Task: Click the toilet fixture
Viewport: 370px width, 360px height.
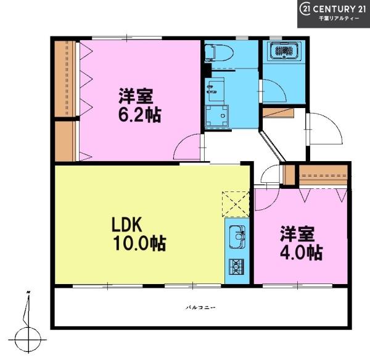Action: [219, 53]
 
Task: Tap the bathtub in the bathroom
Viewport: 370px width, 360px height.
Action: [286, 50]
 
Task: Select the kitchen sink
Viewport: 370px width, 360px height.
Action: [237, 237]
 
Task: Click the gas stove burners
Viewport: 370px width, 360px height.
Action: [237, 267]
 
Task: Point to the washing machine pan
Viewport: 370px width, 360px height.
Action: [216, 116]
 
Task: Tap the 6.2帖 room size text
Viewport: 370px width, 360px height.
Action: [140, 115]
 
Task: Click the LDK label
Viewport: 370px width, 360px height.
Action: [126, 225]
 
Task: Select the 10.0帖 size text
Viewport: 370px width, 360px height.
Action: [140, 243]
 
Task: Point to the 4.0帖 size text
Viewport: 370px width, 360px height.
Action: [302, 253]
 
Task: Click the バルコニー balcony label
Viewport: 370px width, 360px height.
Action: [200, 308]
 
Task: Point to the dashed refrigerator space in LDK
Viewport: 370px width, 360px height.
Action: [236, 204]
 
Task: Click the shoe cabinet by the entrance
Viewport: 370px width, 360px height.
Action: [278, 112]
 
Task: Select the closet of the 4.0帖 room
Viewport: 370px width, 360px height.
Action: [323, 175]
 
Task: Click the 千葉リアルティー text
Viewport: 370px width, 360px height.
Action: [339, 19]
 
